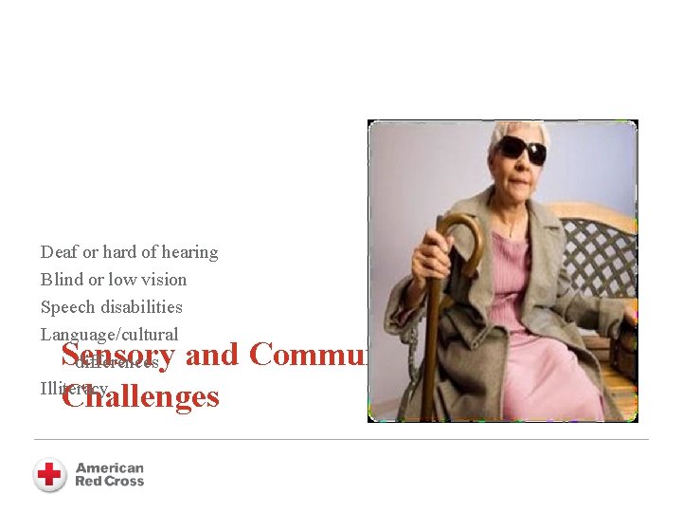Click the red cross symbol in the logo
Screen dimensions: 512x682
(x=49, y=474)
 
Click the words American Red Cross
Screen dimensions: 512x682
(x=109, y=474)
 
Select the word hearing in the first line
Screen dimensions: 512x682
(x=188, y=252)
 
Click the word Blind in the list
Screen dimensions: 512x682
(x=59, y=280)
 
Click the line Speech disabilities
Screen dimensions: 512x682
(x=111, y=307)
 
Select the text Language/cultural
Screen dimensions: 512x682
(x=109, y=335)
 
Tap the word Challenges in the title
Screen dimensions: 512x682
(x=140, y=395)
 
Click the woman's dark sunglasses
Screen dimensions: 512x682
(x=523, y=149)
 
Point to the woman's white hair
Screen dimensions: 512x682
(x=516, y=129)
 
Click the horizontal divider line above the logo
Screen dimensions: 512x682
(x=341, y=439)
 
